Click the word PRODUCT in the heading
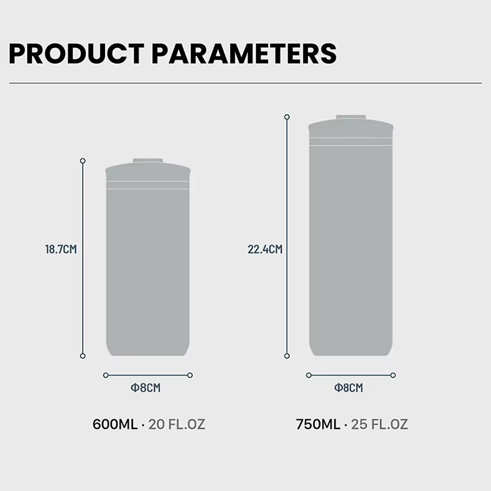point(76,54)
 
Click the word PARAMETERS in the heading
point(244,54)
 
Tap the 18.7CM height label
point(61,249)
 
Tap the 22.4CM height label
point(265,249)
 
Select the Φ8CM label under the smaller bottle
point(145,388)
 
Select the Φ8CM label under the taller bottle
point(349,388)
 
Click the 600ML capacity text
point(115,424)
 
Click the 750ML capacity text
point(318,424)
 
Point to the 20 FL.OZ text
point(177,424)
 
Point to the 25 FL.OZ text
point(379,424)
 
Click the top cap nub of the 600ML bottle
point(148,161)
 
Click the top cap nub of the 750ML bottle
point(350,117)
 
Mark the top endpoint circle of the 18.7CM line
point(83,161)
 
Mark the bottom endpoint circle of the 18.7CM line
point(83,356)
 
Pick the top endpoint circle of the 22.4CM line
point(287,117)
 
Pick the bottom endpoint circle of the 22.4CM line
point(287,356)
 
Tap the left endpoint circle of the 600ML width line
point(106,375)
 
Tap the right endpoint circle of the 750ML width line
point(393,375)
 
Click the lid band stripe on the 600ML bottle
point(148,185)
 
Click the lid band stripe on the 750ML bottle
point(350,142)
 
